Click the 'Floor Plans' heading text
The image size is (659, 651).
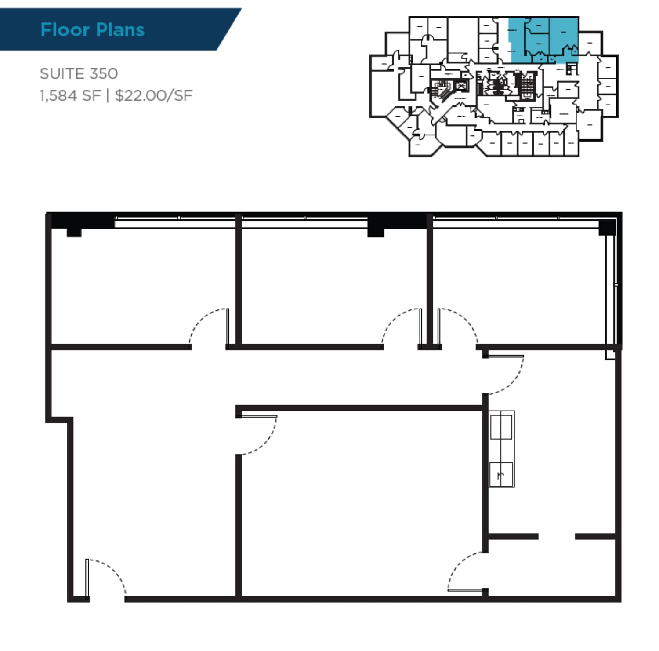coord(92,30)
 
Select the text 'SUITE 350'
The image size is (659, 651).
coord(79,73)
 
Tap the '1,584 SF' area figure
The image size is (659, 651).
coord(70,95)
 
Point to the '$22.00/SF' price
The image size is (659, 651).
coord(153,95)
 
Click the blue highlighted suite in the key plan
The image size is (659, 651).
coord(545,40)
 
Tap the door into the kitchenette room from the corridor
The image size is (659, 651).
coord(505,374)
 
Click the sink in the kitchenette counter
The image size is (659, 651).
coord(501,474)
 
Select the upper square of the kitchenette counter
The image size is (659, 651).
coord(501,426)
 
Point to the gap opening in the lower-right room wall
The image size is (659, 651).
coord(557,536)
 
